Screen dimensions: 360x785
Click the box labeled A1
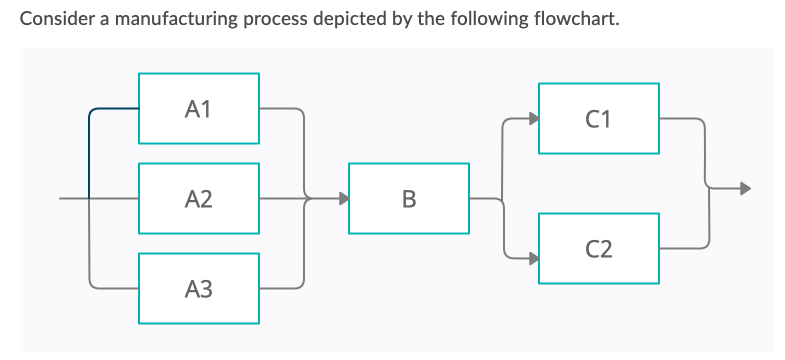(199, 107)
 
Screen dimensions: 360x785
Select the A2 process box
(199, 199)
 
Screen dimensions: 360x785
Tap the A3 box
(199, 289)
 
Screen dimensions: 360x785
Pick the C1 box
(599, 118)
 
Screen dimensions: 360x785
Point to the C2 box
(599, 247)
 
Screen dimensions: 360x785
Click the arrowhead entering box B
(342, 198)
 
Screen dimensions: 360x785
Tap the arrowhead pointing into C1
(532, 118)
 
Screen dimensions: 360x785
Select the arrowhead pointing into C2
(532, 257)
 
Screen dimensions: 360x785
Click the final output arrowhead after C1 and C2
(742, 186)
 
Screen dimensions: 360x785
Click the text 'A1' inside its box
(199, 107)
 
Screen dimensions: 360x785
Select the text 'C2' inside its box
(599, 247)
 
